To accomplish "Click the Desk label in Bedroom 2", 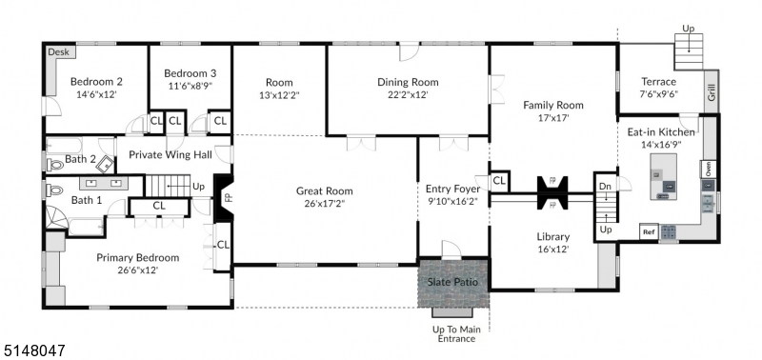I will (58, 53).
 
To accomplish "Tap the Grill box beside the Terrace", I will (710, 92).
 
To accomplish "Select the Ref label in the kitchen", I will (649, 231).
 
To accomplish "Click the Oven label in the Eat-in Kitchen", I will (708, 170).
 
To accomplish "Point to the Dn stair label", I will (604, 187).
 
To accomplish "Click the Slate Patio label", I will (452, 283).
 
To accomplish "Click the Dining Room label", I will (408, 82).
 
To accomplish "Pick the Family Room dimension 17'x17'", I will (552, 119).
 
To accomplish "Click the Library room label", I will (552, 236).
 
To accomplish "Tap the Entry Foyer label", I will (452, 189).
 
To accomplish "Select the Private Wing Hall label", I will (170, 155).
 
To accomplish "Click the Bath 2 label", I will (81, 159).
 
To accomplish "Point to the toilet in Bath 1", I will (54, 190).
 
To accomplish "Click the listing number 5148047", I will (32, 350).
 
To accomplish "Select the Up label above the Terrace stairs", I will (688, 30).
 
